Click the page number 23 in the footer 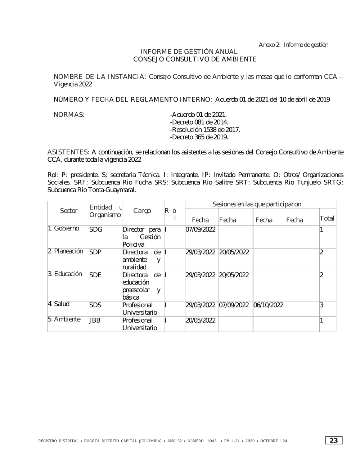[334, 440]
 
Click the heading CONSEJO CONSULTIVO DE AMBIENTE [195, 59]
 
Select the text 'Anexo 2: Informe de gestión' [293, 45]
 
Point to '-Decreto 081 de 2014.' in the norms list [199, 122]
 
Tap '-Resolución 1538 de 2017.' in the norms [204, 130]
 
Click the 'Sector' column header [68, 211]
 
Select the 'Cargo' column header [142, 211]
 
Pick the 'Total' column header [327, 218]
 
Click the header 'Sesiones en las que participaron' [257, 205]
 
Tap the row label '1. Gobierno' [63, 229]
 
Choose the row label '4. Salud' [59, 304]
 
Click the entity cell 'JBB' [95, 321]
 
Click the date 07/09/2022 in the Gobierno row [200, 230]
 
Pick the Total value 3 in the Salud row [322, 305]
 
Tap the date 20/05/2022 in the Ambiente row [200, 321]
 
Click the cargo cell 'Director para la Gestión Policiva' [141, 237]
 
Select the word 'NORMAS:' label [69, 115]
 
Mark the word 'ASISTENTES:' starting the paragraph [68, 152]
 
